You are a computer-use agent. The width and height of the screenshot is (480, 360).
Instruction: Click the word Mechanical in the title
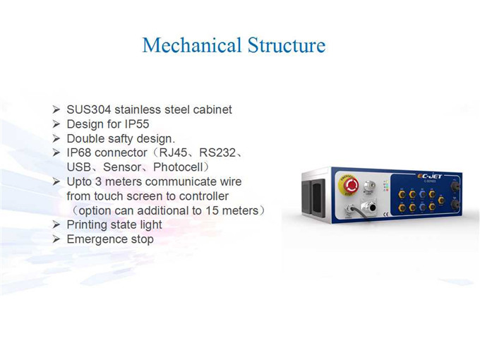(191, 45)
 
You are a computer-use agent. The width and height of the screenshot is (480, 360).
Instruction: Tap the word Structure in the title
(287, 45)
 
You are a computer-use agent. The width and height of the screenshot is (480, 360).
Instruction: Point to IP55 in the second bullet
(137, 124)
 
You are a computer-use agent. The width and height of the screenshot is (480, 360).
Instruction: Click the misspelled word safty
(120, 138)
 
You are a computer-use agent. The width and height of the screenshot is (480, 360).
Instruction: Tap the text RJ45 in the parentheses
(173, 152)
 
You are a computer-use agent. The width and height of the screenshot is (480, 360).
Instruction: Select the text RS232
(217, 152)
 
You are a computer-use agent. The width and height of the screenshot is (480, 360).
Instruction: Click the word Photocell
(178, 167)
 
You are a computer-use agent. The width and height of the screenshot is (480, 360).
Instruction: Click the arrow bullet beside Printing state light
(56, 224)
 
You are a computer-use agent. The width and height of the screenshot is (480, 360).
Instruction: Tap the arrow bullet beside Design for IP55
(56, 124)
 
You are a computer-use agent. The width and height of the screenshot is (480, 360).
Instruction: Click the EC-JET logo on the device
(429, 176)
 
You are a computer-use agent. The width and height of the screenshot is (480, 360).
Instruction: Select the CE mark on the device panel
(385, 215)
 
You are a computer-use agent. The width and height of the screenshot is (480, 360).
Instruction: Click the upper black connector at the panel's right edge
(455, 186)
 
